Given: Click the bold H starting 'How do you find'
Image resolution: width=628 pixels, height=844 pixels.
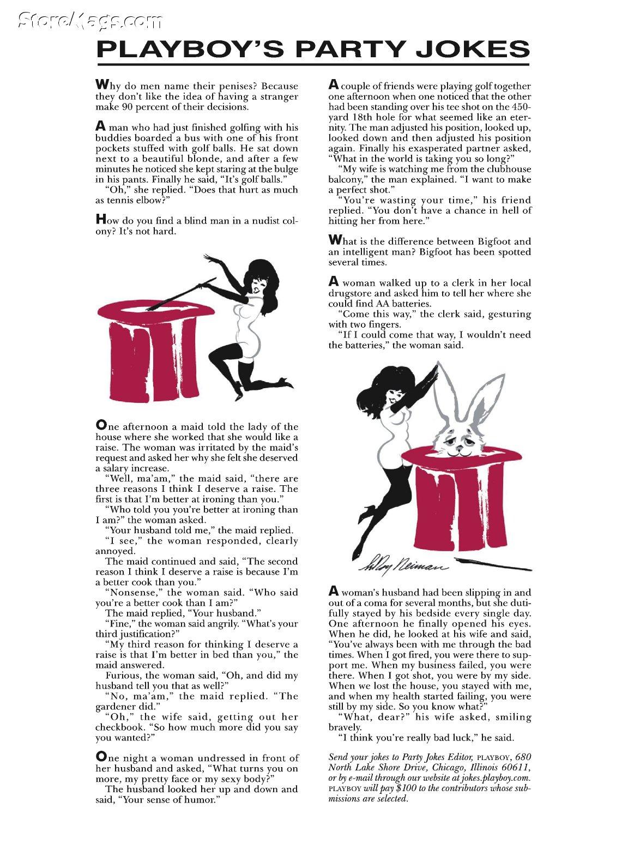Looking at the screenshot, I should pos(100,220).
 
